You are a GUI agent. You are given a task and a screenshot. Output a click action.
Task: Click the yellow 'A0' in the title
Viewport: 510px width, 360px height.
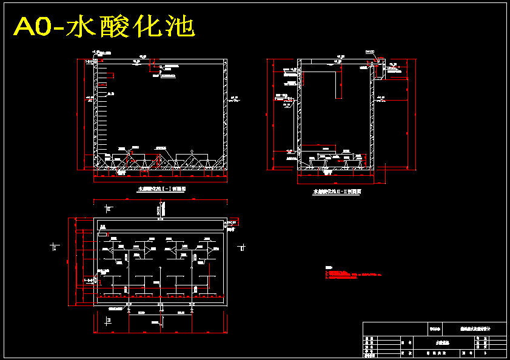pyautogui.click(x=33, y=27)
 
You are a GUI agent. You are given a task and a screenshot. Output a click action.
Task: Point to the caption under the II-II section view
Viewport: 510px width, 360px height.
pyautogui.click(x=337, y=192)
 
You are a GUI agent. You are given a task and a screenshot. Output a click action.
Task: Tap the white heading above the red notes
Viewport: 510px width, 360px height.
pyautogui.click(x=329, y=267)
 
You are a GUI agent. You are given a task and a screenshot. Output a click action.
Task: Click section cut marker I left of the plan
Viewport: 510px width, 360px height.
pyautogui.click(x=55, y=247)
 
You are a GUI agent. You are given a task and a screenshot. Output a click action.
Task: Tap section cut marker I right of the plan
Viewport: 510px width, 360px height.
pyautogui.click(x=242, y=247)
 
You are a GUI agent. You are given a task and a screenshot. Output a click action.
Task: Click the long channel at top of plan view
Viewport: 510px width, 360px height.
pyautogui.click(x=161, y=227)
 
